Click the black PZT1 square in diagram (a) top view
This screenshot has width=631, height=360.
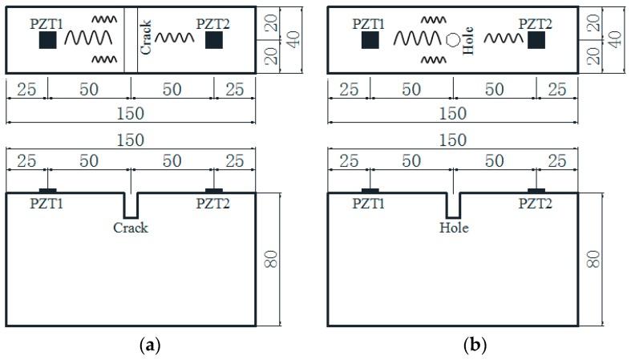47,41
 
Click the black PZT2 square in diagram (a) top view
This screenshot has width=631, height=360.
213,41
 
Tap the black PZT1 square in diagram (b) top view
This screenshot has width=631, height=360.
370,41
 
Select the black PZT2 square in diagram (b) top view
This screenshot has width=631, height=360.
536,41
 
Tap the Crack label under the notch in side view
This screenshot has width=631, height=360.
131,228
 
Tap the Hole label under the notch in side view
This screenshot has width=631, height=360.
454,228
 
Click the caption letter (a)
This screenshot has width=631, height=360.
130,346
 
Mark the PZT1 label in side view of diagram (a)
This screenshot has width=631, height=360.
47,204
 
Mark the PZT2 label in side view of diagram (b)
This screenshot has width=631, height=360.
536,204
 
